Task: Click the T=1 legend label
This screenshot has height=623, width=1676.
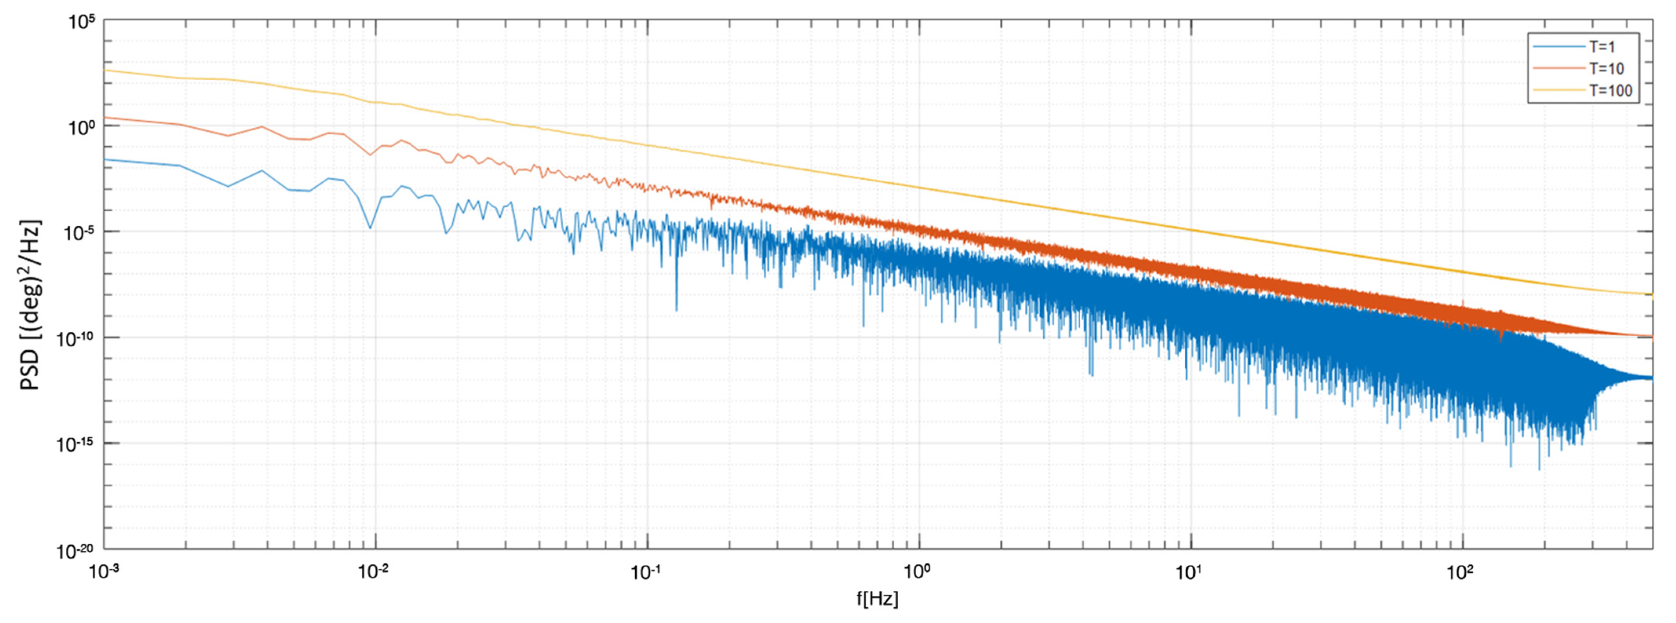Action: (1602, 47)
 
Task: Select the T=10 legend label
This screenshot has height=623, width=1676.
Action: (1606, 68)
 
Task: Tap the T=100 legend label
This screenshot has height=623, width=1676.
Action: (1610, 90)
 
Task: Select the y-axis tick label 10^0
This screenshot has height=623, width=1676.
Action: (81, 128)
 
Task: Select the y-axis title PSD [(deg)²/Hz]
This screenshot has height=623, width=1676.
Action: (31, 305)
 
